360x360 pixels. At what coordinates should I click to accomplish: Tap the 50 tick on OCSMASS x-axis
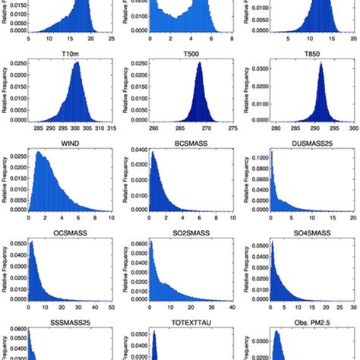[x=112, y=308]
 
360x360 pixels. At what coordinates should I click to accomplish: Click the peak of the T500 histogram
[x=201, y=64]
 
